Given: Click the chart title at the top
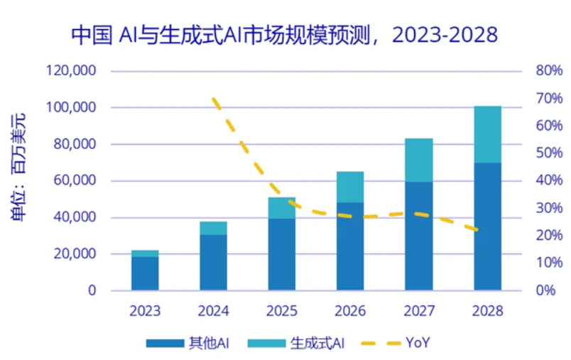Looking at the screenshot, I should (x=284, y=34).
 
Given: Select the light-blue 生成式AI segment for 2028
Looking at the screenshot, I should (x=487, y=134).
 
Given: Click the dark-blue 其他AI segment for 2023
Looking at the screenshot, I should (x=145, y=273).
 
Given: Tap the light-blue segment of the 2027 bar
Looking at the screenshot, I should (x=419, y=160).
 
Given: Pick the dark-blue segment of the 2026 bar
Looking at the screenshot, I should (x=350, y=246).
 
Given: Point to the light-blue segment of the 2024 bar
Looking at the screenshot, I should (x=213, y=228).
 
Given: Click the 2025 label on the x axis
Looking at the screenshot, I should (x=282, y=311).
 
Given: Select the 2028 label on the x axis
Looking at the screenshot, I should (x=487, y=311).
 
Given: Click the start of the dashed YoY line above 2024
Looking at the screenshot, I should (x=214, y=99).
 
